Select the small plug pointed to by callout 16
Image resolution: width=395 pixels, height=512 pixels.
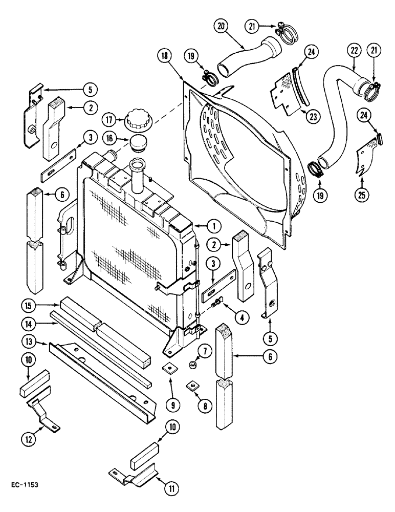point(137,144)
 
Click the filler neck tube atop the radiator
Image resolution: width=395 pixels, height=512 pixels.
point(139,175)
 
